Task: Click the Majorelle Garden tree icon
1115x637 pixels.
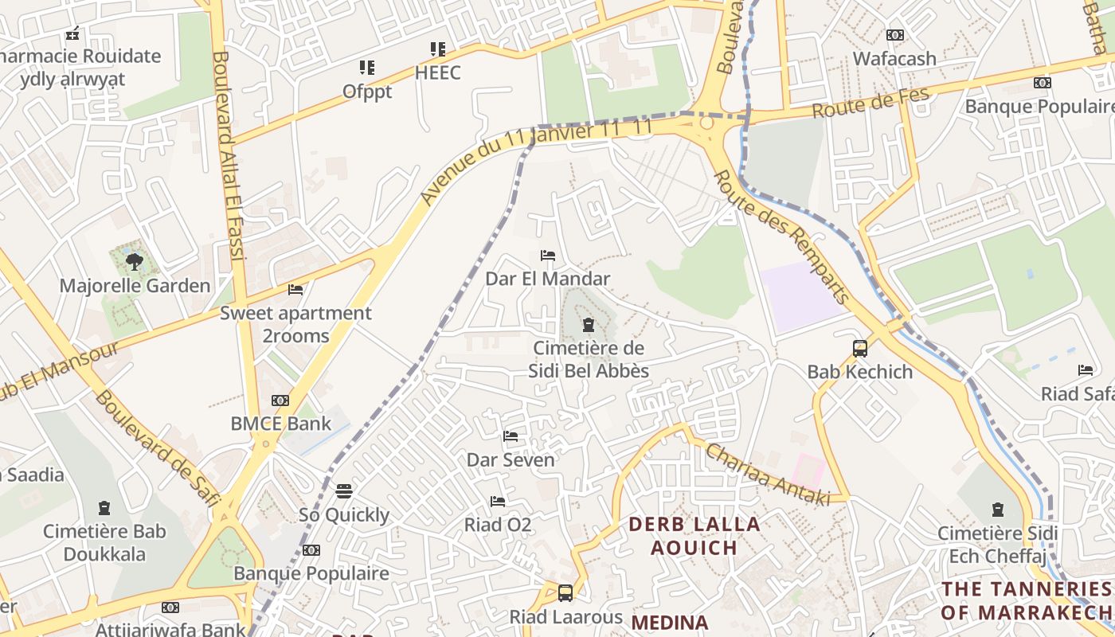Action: (135, 261)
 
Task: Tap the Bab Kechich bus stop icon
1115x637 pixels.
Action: (860, 348)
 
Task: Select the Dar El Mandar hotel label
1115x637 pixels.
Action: (547, 279)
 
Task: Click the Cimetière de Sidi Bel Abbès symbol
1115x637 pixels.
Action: (589, 324)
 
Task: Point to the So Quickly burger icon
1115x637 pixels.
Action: (344, 490)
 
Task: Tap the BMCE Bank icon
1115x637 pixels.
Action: (280, 401)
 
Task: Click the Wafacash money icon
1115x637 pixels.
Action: (895, 35)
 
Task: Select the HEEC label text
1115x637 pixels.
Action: (437, 73)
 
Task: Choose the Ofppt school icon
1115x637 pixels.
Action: (366, 68)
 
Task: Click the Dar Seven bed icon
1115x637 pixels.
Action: (511, 436)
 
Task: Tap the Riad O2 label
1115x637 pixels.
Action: (498, 525)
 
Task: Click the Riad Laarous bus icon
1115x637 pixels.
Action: (565, 592)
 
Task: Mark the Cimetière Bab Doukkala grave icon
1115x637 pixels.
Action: (104, 507)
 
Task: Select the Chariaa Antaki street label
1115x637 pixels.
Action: (768, 475)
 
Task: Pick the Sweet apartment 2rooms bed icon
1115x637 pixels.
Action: (295, 290)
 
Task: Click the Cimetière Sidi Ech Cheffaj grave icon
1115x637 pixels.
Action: (997, 509)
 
